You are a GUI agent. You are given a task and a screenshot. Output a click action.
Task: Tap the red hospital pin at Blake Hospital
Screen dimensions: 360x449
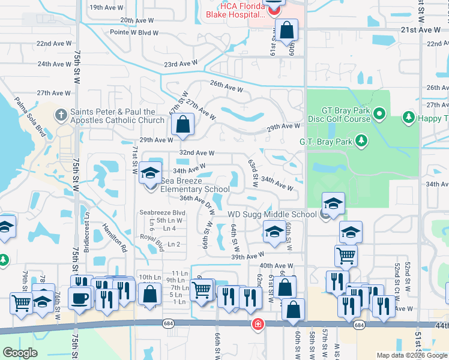click(274, 8)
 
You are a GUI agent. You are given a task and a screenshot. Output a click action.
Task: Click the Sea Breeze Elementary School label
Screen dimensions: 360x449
click(186, 185)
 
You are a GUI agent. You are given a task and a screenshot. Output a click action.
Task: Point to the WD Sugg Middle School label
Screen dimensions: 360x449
click(272, 215)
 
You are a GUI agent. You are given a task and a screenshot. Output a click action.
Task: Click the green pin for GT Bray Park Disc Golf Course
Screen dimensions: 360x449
click(379, 113)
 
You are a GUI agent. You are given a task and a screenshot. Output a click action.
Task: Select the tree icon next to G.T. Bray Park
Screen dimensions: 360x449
click(361, 141)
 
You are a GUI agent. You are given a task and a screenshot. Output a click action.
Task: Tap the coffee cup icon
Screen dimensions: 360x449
click(79, 297)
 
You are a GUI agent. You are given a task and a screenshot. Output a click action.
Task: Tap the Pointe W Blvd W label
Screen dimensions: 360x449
click(134, 33)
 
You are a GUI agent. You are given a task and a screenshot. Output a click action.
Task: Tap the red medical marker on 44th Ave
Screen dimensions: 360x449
click(257, 324)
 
